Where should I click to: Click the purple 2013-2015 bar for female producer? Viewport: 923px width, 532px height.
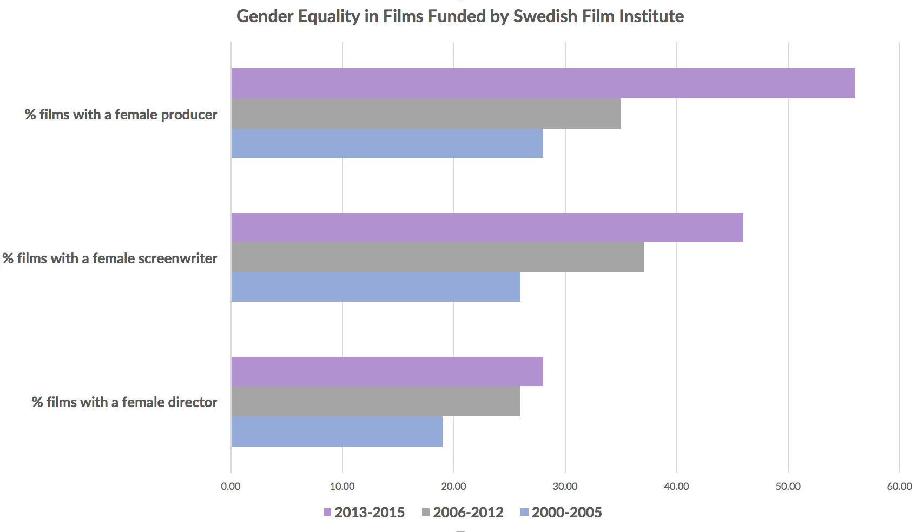coord(543,83)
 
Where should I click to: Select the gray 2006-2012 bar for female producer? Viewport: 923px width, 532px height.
coord(426,113)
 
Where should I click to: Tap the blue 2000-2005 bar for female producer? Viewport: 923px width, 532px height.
coord(387,143)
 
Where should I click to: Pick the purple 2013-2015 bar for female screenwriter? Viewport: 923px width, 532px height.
coord(487,228)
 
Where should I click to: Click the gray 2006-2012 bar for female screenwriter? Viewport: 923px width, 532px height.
coord(438,257)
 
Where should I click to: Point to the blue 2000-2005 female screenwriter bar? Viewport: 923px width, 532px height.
coord(376,287)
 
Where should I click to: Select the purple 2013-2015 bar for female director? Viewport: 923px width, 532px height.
coord(387,371)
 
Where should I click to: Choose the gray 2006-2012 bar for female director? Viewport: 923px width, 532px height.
coord(376,401)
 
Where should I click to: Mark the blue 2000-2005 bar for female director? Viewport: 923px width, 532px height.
coord(337,431)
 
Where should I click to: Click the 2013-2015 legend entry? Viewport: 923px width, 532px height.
coord(364,512)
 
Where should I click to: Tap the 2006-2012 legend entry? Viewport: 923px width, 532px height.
coord(463,512)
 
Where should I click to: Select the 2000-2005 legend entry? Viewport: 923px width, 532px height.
coord(561,512)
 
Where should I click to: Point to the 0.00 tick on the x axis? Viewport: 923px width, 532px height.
coord(230,486)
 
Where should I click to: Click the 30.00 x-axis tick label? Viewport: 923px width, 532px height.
coord(565,486)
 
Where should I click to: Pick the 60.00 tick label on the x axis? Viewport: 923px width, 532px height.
coord(900,486)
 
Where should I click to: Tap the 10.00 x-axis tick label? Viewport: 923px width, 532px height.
coord(342,486)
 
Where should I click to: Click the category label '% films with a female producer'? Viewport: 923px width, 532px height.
coord(121,115)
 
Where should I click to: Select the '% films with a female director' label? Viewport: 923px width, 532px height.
coord(125,402)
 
